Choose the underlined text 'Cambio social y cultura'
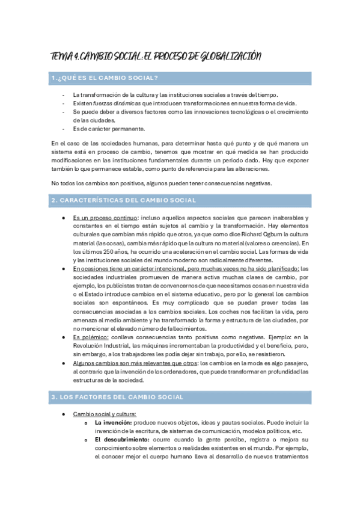(105, 414)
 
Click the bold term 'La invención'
(114, 423)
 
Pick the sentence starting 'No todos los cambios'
(162, 183)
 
